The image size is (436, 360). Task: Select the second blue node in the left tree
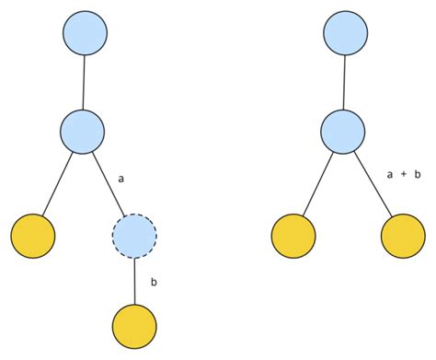pos(84,130)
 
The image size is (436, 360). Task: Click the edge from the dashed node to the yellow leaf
pos(134,282)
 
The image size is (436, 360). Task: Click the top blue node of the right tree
pos(347,33)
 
